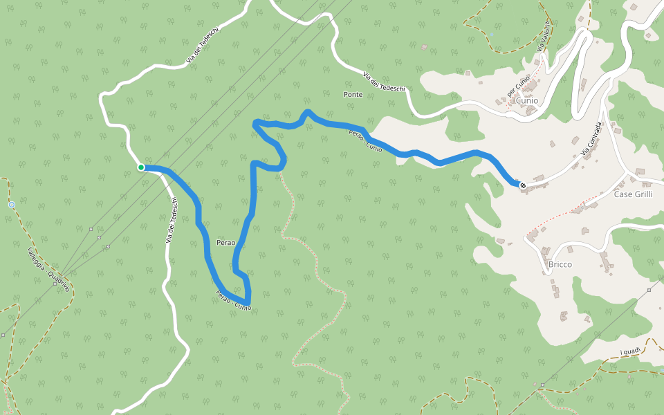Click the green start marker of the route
point(141,167)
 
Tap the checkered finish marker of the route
point(522,185)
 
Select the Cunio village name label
point(526,100)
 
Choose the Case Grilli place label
point(633,194)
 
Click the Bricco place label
point(560,264)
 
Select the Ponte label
point(353,94)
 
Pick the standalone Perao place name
point(225,243)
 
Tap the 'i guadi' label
point(630,352)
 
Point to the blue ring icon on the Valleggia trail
point(12,205)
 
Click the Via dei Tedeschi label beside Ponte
point(383,82)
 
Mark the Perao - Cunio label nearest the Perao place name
point(233,299)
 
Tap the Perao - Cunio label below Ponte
point(365,140)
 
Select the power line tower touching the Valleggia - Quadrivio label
point(55,283)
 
